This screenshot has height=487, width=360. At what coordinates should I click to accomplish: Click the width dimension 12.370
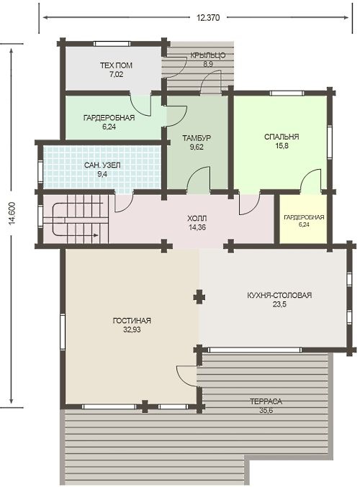tap(208, 18)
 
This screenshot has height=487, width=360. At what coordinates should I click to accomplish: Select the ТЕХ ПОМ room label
tap(116, 65)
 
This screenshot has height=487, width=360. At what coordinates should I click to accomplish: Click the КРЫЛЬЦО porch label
tap(207, 55)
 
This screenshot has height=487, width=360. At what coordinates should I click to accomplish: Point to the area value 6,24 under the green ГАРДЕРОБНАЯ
tap(109, 127)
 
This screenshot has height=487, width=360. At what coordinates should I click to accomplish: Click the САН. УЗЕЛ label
tap(102, 165)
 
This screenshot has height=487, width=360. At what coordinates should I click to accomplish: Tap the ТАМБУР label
tap(197, 138)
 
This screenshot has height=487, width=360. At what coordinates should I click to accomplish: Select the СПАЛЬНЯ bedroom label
tap(282, 137)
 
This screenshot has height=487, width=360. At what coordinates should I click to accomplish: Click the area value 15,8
tap(282, 145)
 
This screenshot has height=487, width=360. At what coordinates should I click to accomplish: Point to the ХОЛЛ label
tap(197, 219)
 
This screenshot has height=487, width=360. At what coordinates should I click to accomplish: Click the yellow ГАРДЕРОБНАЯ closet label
tap(304, 217)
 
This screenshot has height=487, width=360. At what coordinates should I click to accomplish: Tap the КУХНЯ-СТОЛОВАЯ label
tap(279, 295)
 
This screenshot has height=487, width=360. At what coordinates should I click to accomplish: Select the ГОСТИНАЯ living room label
tap(132, 321)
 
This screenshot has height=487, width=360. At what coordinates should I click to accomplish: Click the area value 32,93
tap(132, 329)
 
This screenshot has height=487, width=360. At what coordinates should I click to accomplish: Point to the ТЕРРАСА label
tap(266, 401)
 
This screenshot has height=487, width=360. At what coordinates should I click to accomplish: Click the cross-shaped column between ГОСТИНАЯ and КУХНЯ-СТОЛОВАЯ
tap(199, 297)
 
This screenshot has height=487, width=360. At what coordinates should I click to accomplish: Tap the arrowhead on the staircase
tap(96, 235)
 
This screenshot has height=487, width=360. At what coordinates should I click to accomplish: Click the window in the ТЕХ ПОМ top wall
tap(112, 44)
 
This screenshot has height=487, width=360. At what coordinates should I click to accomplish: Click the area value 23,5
tap(279, 304)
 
